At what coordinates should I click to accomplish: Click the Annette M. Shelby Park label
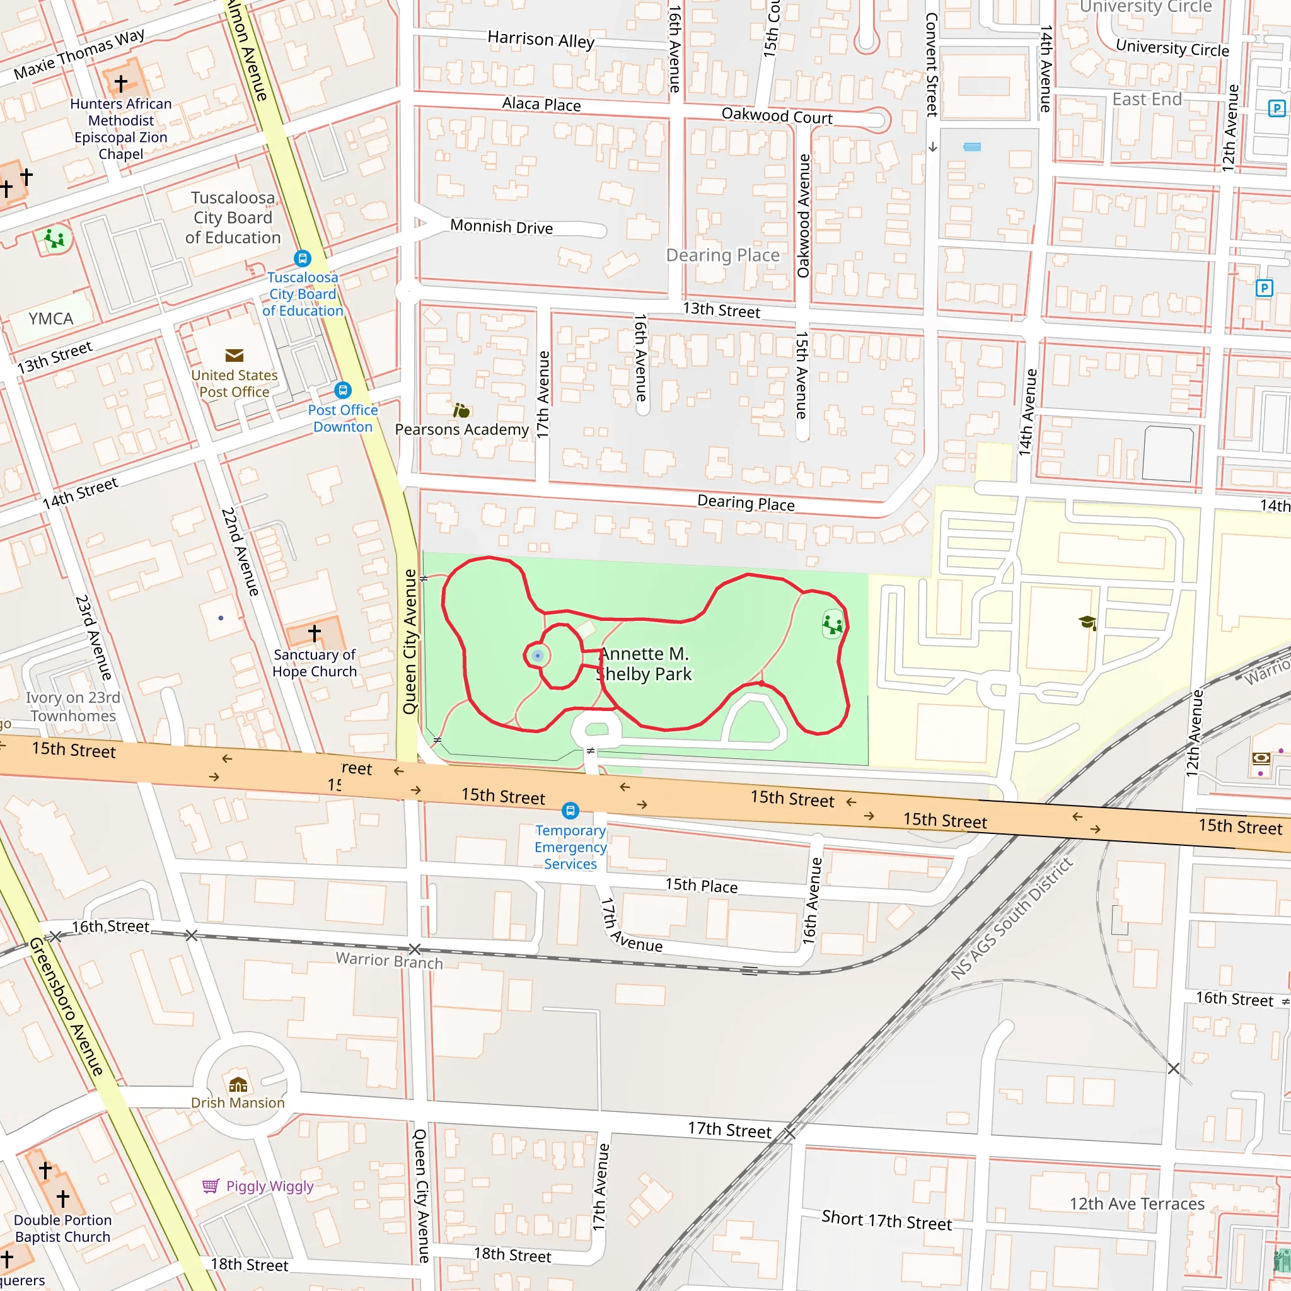pyautogui.click(x=644, y=664)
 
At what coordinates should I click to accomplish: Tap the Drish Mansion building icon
pyautogui.click(x=238, y=1084)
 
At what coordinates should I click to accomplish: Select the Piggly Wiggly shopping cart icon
pyautogui.click(x=211, y=1186)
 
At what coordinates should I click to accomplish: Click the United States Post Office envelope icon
pyautogui.click(x=234, y=356)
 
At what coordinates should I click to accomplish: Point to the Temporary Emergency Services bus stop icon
pyautogui.click(x=570, y=811)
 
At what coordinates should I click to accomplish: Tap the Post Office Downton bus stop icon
pyautogui.click(x=343, y=390)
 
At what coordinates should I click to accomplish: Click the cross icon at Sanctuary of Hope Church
pyautogui.click(x=314, y=632)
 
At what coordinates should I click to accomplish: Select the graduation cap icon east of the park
pyautogui.click(x=1087, y=623)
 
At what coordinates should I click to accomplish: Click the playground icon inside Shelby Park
pyautogui.click(x=833, y=625)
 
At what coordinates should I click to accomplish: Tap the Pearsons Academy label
pyautogui.click(x=461, y=430)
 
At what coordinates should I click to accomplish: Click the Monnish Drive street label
pyautogui.click(x=501, y=226)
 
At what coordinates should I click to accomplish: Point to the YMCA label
pyautogui.click(x=51, y=319)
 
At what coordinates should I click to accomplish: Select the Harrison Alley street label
pyautogui.click(x=541, y=40)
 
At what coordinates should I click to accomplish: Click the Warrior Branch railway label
pyautogui.click(x=389, y=961)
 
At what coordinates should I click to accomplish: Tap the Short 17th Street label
pyautogui.click(x=886, y=1220)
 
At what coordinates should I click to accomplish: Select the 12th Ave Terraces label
pyautogui.click(x=1137, y=1203)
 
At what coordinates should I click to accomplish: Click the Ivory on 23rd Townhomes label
pyautogui.click(x=73, y=706)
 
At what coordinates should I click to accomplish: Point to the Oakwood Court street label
pyautogui.click(x=777, y=116)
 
